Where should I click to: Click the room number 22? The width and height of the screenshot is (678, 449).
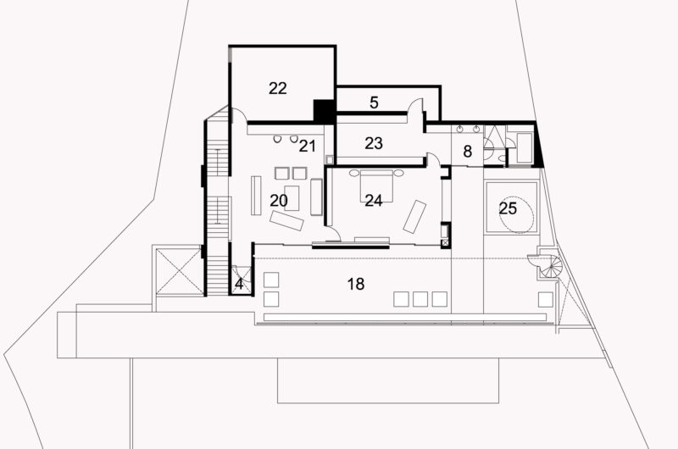click(x=278, y=88)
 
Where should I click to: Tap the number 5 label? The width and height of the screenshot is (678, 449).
click(x=374, y=103)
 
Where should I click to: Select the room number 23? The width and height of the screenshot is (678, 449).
click(x=374, y=143)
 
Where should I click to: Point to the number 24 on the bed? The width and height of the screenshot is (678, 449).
click(x=374, y=200)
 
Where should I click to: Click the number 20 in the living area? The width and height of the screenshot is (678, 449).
click(x=279, y=200)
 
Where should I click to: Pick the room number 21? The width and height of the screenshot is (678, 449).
click(x=307, y=146)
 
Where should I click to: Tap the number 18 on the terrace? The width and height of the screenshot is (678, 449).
click(x=356, y=284)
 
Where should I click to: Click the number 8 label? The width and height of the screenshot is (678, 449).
click(x=467, y=152)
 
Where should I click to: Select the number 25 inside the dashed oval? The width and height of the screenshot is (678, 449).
click(x=508, y=208)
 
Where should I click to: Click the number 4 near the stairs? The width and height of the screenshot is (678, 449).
click(x=240, y=285)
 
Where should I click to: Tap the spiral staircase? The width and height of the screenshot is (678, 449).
click(x=544, y=267)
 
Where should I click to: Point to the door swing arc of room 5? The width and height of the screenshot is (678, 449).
click(x=416, y=108)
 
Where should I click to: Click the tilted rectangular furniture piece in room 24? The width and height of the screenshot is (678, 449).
click(x=415, y=216)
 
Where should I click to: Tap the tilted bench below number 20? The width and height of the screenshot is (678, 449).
click(x=286, y=220)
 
